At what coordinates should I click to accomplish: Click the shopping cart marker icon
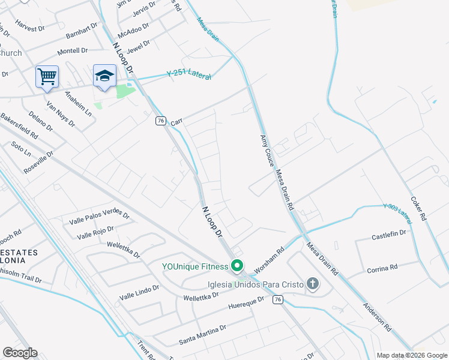[47, 76]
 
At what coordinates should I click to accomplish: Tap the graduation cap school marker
[104, 76]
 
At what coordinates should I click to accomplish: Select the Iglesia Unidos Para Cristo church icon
[312, 283]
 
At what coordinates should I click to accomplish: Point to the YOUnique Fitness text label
[195, 266]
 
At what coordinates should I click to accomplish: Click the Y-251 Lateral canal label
[188, 74]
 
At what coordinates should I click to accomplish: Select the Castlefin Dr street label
[389, 235]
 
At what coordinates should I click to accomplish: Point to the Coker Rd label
[418, 208]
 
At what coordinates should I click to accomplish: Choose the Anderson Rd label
[377, 316]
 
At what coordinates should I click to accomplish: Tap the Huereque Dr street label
[246, 304]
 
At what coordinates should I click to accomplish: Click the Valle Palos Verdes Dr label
[99, 215]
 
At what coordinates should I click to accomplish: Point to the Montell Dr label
[73, 51]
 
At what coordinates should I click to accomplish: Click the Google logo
[20, 353]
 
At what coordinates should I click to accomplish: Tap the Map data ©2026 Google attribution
[412, 355]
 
